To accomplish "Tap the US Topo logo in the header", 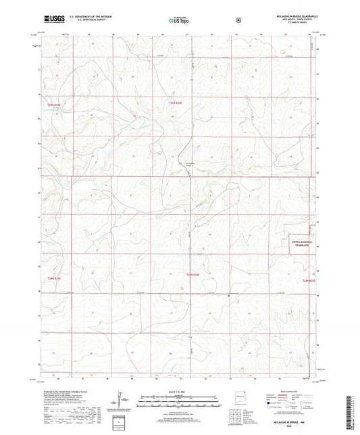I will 179,22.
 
